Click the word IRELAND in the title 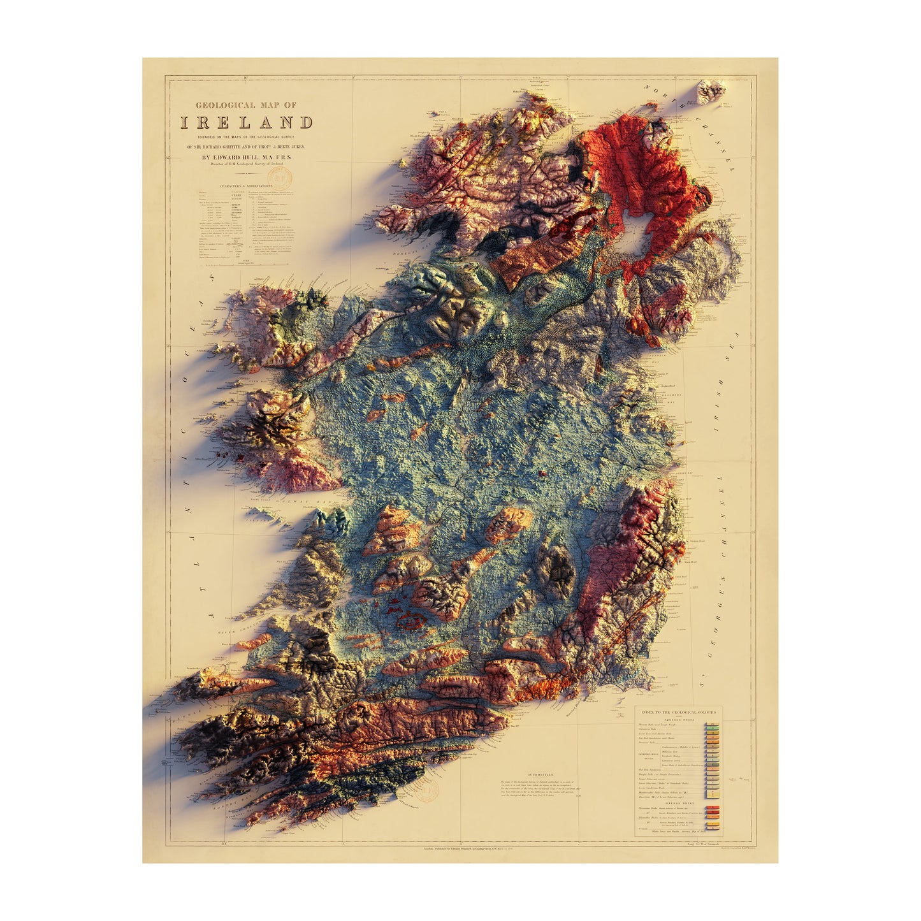[246, 122]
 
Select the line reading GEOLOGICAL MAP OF [246, 105]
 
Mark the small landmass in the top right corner [711, 91]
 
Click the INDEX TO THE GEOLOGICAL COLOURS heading [678, 712]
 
